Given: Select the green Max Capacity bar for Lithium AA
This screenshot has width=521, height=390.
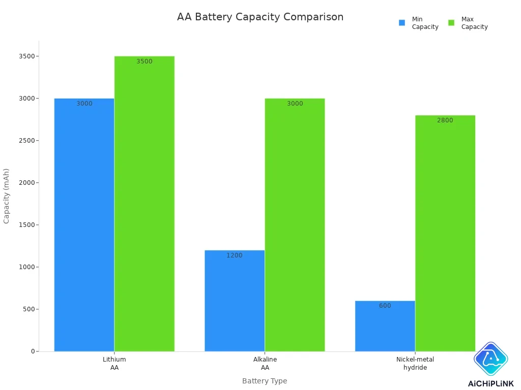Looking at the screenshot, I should point(144,203).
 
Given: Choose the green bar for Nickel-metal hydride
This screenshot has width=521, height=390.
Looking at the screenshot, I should point(445,233).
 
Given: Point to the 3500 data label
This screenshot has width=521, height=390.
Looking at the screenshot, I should point(144,61).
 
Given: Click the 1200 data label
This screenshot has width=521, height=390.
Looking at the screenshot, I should point(235,255).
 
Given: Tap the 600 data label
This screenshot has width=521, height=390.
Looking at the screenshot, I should point(385,306).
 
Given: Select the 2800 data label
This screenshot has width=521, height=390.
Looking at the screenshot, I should point(445,120).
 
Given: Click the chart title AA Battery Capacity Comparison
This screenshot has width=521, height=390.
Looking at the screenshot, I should point(260,17).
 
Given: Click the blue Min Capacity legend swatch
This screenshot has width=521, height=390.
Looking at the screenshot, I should point(402,23).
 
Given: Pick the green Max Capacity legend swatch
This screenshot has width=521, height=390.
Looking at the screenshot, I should point(451,23).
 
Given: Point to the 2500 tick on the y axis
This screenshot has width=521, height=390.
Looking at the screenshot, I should point(27,141).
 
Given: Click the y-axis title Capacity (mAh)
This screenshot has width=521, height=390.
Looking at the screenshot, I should point(7,196).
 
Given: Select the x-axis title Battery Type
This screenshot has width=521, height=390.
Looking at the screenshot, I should point(265,381).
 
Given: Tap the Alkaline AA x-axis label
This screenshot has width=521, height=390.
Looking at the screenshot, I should point(265,363).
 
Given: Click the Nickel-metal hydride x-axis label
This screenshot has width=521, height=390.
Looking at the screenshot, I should point(415,363).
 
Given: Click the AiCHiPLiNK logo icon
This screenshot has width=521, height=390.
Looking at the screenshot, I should point(490,359).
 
